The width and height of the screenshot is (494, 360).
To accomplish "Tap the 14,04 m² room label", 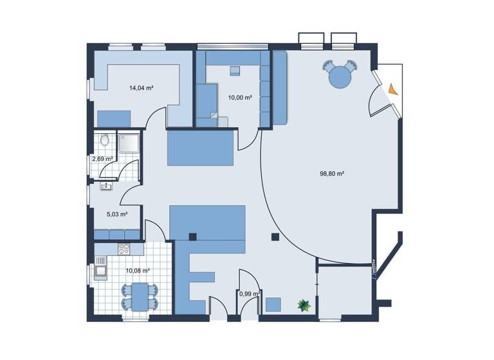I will tap(141, 87).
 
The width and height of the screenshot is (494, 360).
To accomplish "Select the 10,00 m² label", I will tap(239, 98).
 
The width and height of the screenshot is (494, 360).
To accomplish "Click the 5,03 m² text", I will tap(116, 214).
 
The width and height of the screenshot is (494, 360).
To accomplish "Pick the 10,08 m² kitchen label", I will tap(138, 271).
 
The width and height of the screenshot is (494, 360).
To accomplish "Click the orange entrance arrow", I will tap(393, 89).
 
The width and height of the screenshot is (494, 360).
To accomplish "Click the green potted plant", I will tap(302, 306).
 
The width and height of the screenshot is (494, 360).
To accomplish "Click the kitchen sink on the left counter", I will tap(101, 269).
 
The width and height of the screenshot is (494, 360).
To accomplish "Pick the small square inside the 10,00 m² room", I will tap(235, 69).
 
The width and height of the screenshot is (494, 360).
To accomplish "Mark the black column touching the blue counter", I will tap(192, 237).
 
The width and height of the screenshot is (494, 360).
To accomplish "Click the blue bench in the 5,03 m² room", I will tap(116, 233).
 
